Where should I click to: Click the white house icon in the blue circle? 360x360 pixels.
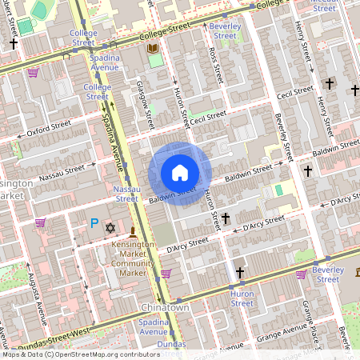[x=180, y=172]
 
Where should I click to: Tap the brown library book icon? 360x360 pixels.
[x=151, y=49]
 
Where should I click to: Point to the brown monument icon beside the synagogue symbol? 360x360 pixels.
[x=133, y=230]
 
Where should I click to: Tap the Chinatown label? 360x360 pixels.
[x=164, y=307]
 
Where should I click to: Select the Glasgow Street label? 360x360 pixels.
[x=145, y=105]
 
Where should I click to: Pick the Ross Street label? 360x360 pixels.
[x=213, y=66]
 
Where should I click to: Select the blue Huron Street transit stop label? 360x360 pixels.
[x=242, y=298]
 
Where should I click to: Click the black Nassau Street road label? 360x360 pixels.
[x=62, y=169]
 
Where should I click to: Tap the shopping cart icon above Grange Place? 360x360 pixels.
[x=301, y=274]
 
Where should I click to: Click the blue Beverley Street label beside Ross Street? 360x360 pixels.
[x=226, y=30]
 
